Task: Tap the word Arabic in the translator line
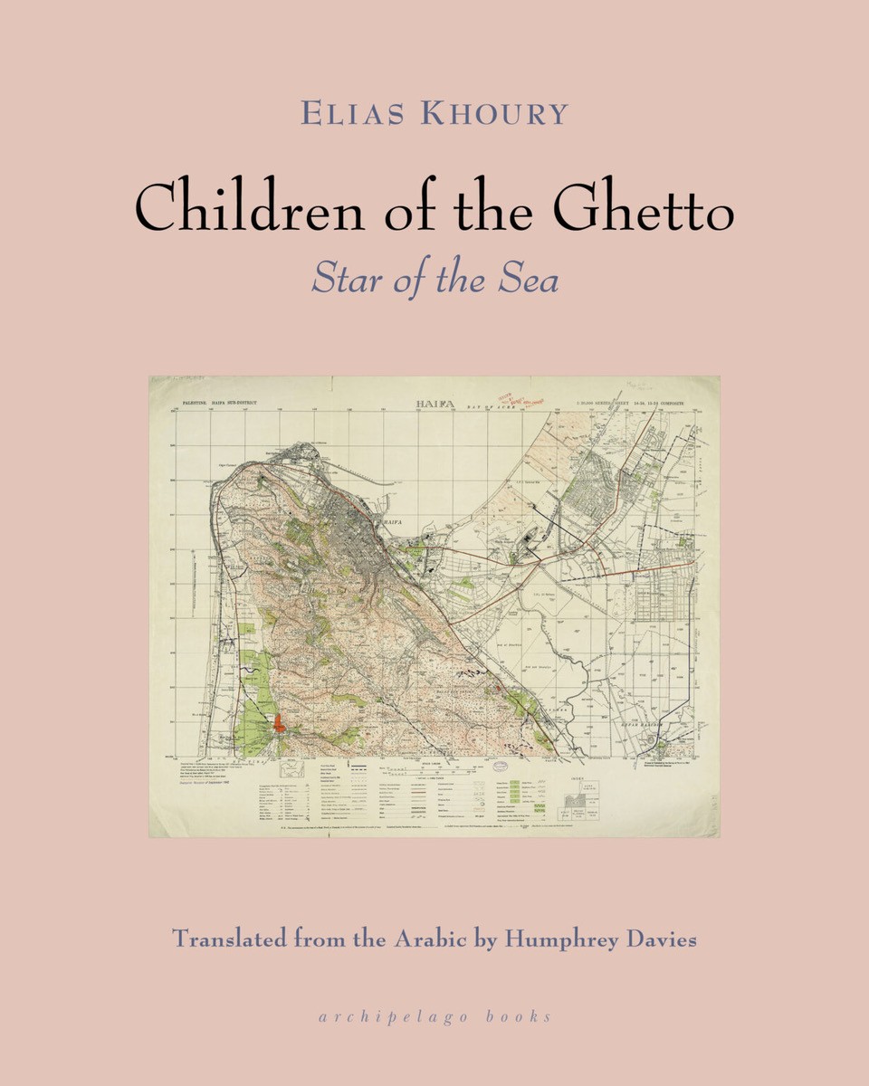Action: (427, 938)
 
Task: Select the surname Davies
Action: (663, 938)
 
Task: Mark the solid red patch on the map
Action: (280, 722)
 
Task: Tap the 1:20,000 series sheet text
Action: (629, 402)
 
